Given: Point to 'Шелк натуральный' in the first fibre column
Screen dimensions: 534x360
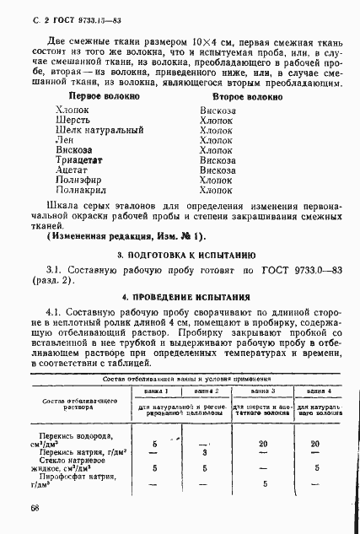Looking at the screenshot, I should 95,133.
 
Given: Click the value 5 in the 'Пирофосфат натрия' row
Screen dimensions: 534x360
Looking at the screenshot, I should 263,484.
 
